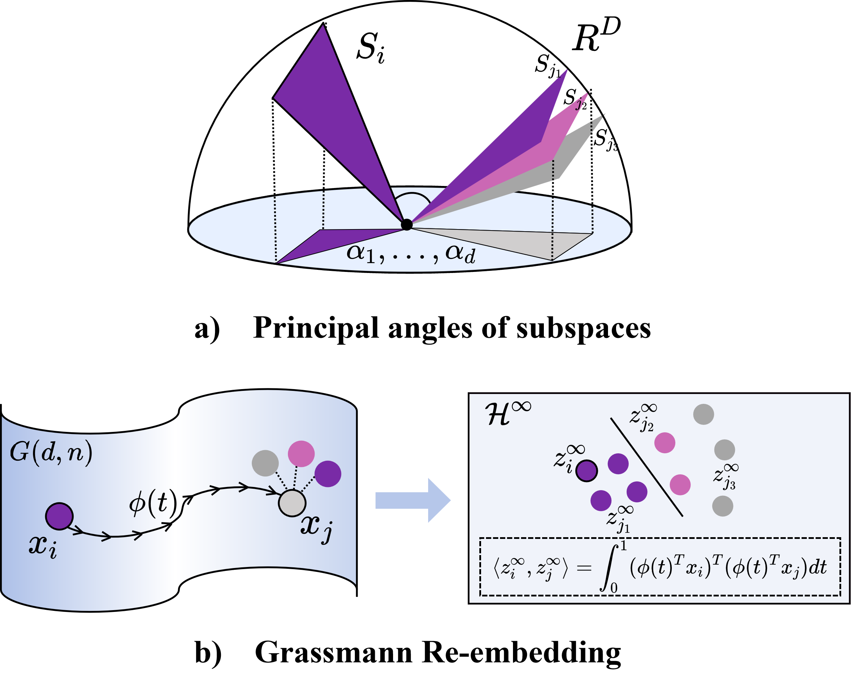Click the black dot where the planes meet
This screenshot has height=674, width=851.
pyautogui.click(x=407, y=225)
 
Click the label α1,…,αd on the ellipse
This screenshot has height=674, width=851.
pyautogui.click(x=411, y=253)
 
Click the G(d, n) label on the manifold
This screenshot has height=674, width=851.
pyautogui.click(x=51, y=452)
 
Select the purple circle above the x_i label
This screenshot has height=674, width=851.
pyautogui.click(x=59, y=516)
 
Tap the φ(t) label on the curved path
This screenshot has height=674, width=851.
pyautogui.click(x=153, y=503)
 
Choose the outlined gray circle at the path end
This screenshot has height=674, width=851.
pyautogui.click(x=292, y=503)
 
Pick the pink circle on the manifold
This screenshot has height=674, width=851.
pyautogui.click(x=301, y=454)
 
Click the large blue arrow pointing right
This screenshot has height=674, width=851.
pyautogui.click(x=412, y=500)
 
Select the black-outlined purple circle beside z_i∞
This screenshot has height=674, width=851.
pyautogui.click(x=586, y=471)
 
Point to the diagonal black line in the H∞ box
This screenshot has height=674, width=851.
pyautogui.click(x=647, y=467)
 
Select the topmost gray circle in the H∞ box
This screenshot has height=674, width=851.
pyautogui.click(x=703, y=414)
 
